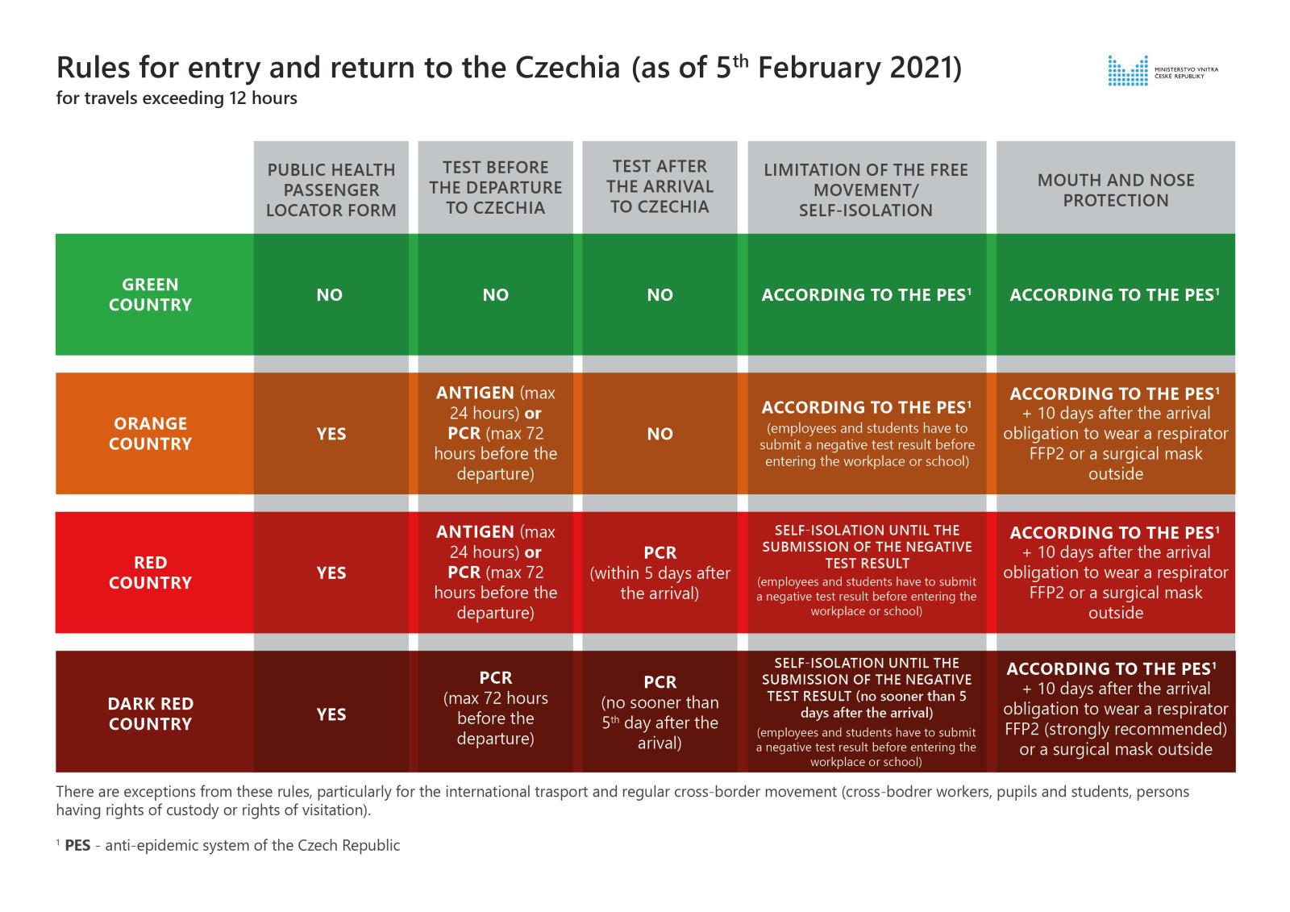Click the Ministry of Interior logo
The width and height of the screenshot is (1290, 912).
point(1162,70)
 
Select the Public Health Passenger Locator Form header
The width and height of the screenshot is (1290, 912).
point(331,190)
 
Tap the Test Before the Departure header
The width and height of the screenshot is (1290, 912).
point(495,187)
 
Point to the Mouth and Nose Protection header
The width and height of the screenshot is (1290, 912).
point(1115,190)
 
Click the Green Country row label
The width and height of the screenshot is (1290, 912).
point(151,294)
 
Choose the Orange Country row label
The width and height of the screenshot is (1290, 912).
point(151,433)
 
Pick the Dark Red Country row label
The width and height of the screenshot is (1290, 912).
point(151,713)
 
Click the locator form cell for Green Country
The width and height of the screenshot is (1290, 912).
point(330,295)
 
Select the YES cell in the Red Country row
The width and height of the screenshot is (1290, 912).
point(331,573)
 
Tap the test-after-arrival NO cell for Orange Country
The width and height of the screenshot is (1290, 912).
point(660,434)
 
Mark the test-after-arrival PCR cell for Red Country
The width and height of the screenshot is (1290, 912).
point(660,573)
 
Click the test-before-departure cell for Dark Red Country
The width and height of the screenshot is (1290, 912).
point(495,707)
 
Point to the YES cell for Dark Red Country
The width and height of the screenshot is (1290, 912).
point(331,714)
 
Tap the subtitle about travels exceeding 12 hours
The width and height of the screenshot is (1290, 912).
point(177,99)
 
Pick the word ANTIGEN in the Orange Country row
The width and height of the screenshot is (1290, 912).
point(475,393)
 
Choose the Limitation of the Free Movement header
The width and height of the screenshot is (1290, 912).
point(866,190)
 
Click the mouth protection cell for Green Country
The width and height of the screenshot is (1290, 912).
point(1115,295)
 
